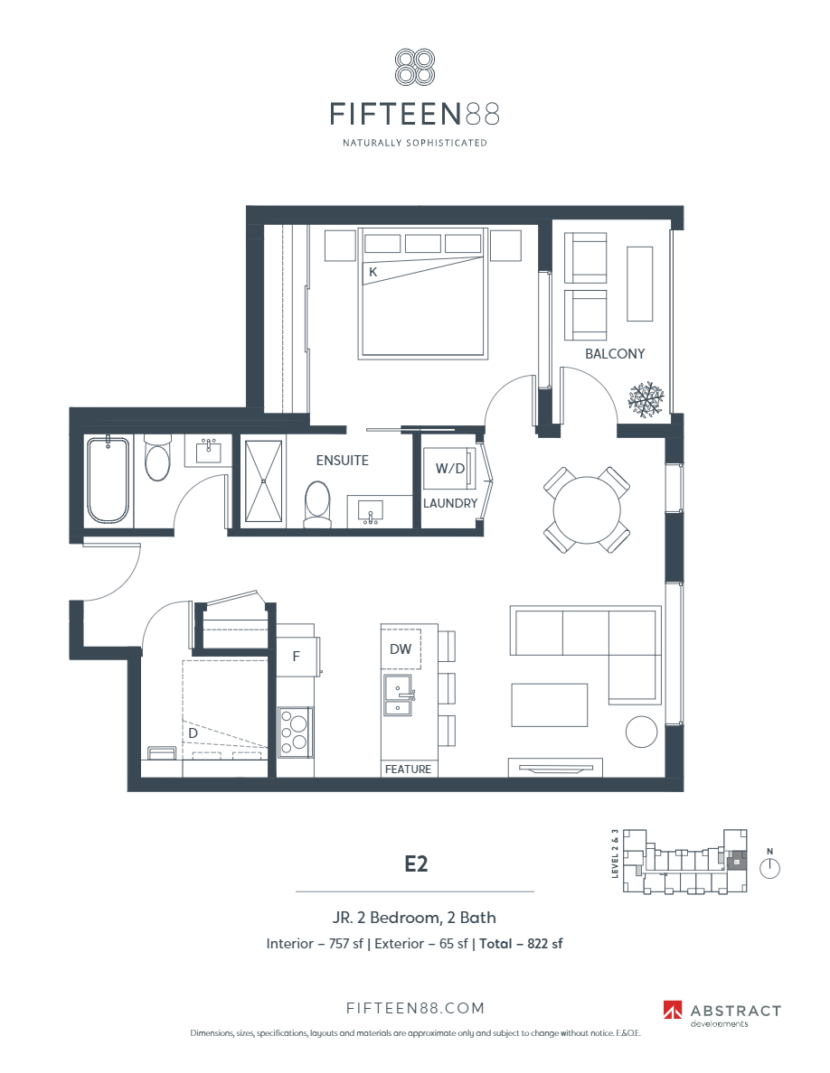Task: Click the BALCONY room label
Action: (x=615, y=354)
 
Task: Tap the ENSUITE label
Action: (x=342, y=460)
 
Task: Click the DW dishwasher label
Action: (x=401, y=648)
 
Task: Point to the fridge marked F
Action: (x=296, y=657)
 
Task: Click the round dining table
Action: (x=586, y=511)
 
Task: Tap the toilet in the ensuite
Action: (x=316, y=503)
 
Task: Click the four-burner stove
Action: (x=296, y=731)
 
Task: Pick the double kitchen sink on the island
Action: (x=398, y=695)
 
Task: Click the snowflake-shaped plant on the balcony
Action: (x=646, y=398)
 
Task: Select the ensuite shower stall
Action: (x=262, y=481)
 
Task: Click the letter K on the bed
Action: (x=372, y=271)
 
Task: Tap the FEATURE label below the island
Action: (x=408, y=770)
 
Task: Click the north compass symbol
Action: (x=769, y=868)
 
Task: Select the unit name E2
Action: (x=415, y=863)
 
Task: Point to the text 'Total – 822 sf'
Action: (x=523, y=944)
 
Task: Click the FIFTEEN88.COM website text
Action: (x=415, y=1008)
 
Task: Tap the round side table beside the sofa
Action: (x=642, y=732)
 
